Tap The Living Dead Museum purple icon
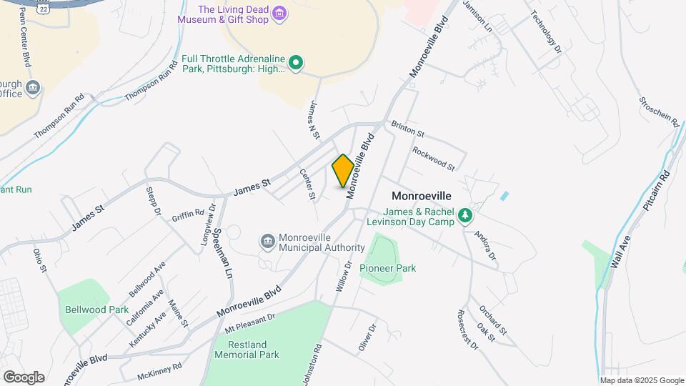click(x=280, y=14)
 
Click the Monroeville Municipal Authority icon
click(x=268, y=242)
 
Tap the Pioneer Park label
click(x=387, y=268)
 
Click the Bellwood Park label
click(x=96, y=310)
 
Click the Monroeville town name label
click(x=422, y=195)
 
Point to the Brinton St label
click(x=408, y=129)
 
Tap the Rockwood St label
click(x=434, y=159)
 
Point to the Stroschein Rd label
click(x=659, y=109)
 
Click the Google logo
click(x=24, y=377)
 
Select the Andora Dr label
click(x=485, y=247)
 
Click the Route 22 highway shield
click(x=44, y=4)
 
